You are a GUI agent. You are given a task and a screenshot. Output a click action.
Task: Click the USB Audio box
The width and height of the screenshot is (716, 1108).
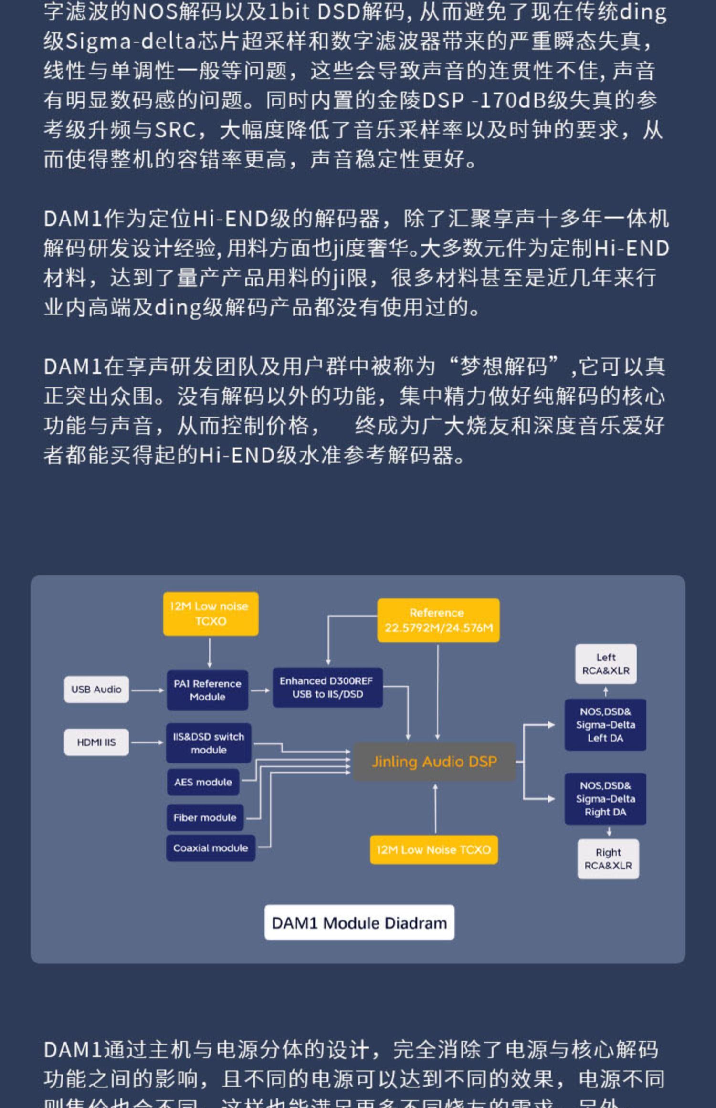click(96, 689)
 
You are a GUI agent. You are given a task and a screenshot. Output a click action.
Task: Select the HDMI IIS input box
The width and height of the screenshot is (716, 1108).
click(96, 742)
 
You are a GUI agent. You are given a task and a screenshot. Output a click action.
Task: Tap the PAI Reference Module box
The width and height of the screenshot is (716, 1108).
click(208, 690)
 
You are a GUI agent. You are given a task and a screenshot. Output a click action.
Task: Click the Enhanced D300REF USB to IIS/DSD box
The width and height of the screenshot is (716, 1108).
click(327, 687)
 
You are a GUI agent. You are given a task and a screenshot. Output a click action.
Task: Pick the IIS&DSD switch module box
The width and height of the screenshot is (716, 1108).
click(209, 743)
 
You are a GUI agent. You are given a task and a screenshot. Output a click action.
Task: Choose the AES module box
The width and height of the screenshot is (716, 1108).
click(203, 782)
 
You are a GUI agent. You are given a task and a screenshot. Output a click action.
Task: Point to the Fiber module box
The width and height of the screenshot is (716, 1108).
click(205, 817)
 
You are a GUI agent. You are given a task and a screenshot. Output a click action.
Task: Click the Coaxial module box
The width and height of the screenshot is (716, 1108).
click(211, 848)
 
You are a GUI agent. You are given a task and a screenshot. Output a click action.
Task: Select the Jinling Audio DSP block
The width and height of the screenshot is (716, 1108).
click(434, 762)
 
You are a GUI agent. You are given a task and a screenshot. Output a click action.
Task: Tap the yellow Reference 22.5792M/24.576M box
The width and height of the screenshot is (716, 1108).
click(438, 620)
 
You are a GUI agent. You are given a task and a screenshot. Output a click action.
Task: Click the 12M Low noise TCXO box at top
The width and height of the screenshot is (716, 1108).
click(211, 614)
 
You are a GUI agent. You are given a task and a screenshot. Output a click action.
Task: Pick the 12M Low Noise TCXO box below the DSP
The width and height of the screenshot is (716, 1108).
click(434, 849)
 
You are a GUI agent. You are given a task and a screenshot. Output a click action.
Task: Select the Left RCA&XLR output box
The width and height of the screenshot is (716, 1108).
click(606, 664)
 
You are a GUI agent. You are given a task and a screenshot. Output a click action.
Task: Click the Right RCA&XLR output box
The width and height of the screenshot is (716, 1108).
click(608, 859)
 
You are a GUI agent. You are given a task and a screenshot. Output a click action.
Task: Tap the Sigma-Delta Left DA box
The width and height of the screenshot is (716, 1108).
click(605, 724)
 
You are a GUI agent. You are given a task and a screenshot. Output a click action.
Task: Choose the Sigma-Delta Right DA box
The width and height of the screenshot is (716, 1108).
click(605, 799)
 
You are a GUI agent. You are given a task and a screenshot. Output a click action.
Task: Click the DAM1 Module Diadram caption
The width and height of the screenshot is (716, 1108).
click(359, 922)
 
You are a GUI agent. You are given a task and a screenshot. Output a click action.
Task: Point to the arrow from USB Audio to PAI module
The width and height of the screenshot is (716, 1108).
click(147, 690)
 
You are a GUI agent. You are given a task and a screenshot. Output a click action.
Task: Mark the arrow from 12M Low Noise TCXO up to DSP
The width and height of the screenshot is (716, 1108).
click(435, 809)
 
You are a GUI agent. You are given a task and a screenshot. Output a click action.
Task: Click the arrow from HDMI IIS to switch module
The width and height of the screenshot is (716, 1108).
click(147, 742)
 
